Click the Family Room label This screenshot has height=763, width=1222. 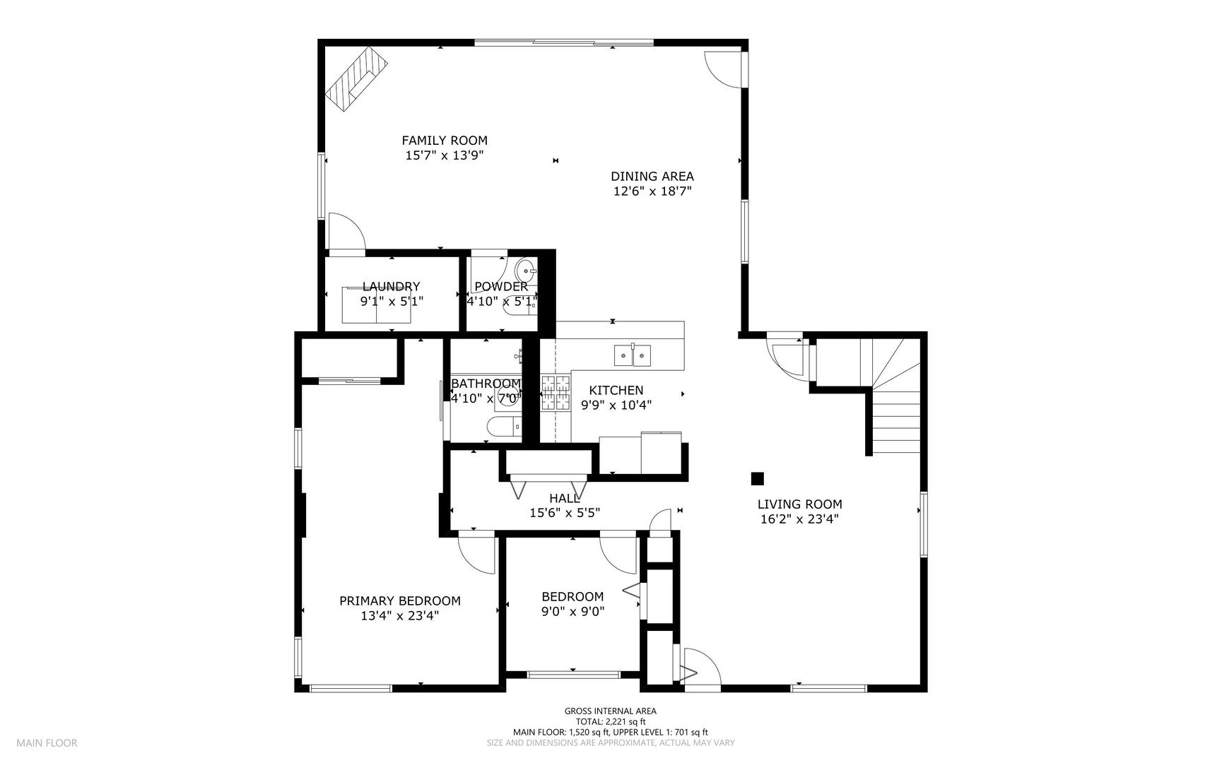[x=445, y=141]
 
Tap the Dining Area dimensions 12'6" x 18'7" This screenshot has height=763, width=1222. [x=652, y=191]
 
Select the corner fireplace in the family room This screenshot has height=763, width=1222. [x=358, y=78]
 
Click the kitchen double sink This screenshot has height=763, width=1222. [x=633, y=355]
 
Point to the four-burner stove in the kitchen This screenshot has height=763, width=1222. [x=556, y=393]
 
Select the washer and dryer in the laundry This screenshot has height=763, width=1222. [x=376, y=304]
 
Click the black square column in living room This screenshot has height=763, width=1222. [x=757, y=478]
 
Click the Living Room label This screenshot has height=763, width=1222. [x=799, y=504]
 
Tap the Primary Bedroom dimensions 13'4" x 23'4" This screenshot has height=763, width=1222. [x=399, y=615]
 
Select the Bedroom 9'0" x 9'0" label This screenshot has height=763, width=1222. [x=572, y=604]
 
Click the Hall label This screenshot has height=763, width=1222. [x=564, y=499]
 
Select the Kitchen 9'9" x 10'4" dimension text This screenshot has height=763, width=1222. [x=616, y=406]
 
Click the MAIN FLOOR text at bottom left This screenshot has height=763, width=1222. [x=47, y=743]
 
